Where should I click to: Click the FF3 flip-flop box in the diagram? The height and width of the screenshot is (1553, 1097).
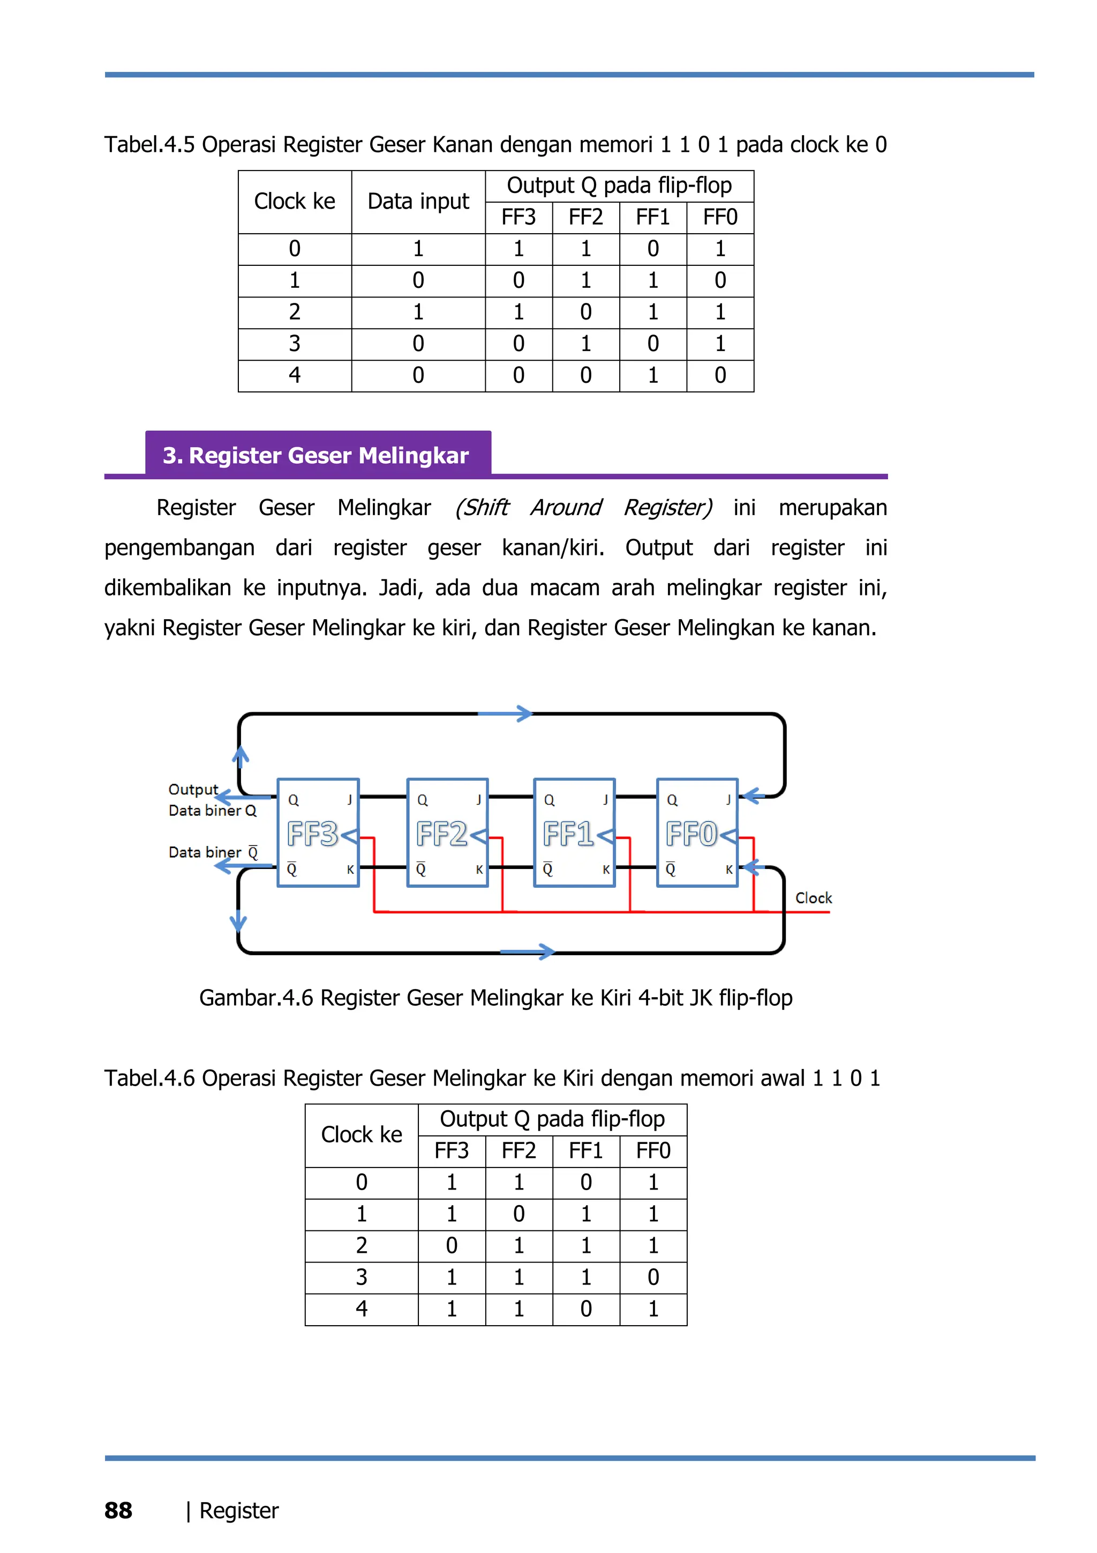click(x=318, y=833)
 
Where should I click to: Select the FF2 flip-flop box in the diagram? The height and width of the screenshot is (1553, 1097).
click(x=447, y=833)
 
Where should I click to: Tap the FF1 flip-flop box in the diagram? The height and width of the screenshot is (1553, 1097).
click(x=574, y=833)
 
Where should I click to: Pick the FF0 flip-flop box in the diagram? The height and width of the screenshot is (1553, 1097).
click(x=697, y=833)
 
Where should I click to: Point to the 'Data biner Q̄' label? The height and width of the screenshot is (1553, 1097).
click(x=213, y=852)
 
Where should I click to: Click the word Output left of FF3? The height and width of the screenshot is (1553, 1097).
click(x=193, y=789)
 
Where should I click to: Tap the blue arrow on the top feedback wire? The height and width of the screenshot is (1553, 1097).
click(x=506, y=714)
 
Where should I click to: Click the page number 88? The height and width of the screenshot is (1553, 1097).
click(x=118, y=1511)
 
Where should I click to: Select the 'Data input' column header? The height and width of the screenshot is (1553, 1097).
click(x=418, y=202)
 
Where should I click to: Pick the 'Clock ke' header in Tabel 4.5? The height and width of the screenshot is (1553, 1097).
click(x=295, y=202)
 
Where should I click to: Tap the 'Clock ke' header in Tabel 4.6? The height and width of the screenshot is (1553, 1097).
click(x=362, y=1134)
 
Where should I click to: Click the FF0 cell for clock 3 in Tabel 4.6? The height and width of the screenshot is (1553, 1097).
click(x=653, y=1277)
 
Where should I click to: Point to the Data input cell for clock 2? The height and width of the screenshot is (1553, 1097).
click(x=418, y=312)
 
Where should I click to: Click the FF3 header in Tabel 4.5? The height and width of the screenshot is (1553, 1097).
click(x=519, y=217)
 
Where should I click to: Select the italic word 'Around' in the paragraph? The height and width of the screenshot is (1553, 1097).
click(x=566, y=507)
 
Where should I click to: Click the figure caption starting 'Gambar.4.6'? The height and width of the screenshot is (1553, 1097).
click(x=495, y=998)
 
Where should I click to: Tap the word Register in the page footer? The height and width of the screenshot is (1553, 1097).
click(x=239, y=1511)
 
